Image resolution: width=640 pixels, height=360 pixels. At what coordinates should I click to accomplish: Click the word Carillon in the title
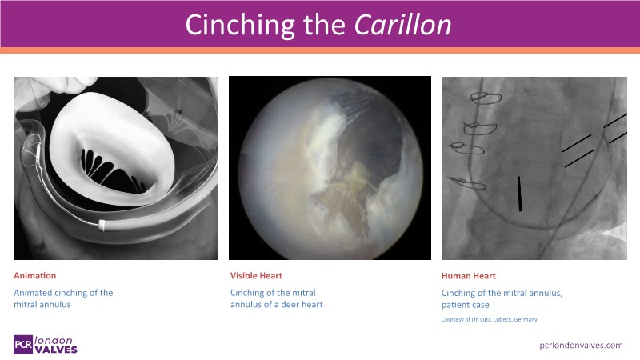[402, 25]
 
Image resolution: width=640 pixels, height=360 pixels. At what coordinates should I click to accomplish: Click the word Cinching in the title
[239, 26]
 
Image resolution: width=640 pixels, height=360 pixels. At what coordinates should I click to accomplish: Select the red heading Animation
[34, 275]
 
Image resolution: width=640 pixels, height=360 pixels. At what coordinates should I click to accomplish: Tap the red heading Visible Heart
[256, 275]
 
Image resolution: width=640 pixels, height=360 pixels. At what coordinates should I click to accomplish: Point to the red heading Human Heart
[468, 276]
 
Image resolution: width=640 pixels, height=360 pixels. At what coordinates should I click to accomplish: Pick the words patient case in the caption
[465, 305]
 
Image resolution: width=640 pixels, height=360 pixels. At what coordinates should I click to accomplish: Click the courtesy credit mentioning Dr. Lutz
[489, 319]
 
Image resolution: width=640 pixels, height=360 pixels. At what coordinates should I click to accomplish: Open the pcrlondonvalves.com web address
[581, 346]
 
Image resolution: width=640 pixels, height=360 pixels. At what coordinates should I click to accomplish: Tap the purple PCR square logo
[23, 345]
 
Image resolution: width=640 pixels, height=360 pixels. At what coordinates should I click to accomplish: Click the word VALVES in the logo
[56, 350]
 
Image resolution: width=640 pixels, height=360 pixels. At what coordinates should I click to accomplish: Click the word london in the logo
[54, 340]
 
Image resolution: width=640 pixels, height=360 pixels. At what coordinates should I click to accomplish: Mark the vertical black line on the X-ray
[519, 194]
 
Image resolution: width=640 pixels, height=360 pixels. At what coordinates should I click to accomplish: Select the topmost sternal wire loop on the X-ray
[486, 98]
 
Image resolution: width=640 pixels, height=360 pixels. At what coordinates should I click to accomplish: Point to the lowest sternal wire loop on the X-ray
[466, 183]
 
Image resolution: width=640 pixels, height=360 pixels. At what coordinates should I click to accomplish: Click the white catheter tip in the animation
[102, 225]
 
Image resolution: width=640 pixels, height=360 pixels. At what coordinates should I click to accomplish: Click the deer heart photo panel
[330, 168]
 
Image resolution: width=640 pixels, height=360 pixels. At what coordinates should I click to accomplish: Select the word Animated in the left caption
[32, 293]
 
